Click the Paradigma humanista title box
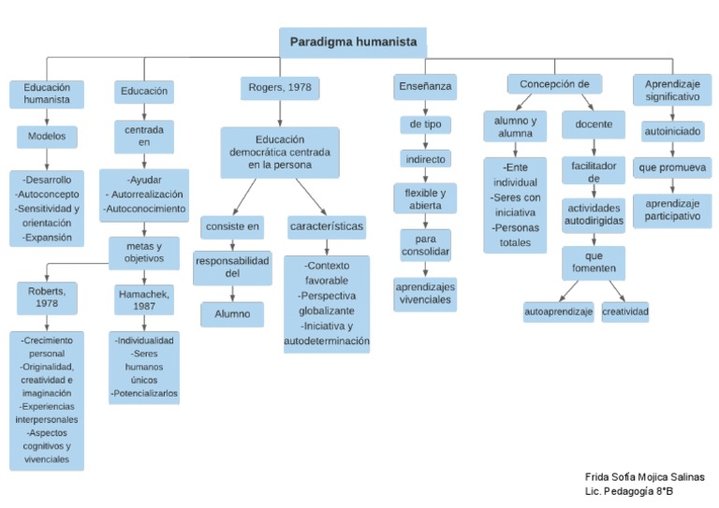coord(353,43)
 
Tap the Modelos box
coord(47,137)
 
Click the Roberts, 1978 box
coord(47,298)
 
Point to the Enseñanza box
coord(425,88)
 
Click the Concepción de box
coord(555,84)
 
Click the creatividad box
coord(624,312)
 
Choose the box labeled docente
coord(594,124)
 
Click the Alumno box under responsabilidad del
coord(232,314)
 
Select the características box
coord(326,226)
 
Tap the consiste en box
coord(233,227)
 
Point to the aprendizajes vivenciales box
coord(425,294)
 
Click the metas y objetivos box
coord(143,251)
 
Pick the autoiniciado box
coord(671,132)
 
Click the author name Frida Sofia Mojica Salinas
coord(644,476)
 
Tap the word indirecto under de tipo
coord(425,158)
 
